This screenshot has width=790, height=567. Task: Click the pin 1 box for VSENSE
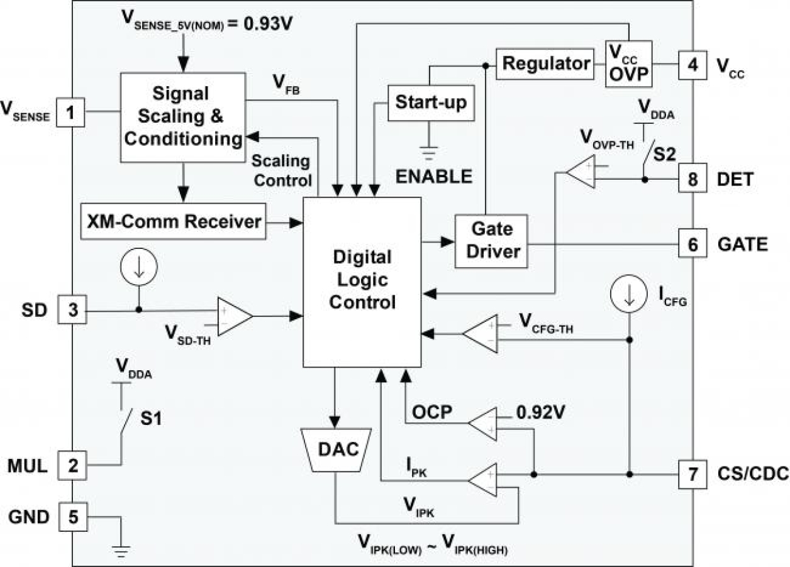click(x=71, y=113)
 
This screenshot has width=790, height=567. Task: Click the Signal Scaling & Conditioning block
click(x=181, y=117)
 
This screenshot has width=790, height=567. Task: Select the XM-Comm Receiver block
click(x=173, y=221)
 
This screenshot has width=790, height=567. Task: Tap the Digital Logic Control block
click(x=362, y=282)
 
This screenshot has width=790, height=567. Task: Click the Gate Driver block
click(x=491, y=241)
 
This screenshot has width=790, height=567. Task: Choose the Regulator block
click(x=545, y=63)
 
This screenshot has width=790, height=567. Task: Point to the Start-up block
click(x=430, y=102)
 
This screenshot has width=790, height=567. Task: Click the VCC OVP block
click(x=628, y=63)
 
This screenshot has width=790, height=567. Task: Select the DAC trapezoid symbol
click(x=337, y=448)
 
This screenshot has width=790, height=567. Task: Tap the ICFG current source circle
click(x=629, y=296)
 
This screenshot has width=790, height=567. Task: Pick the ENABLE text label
click(x=433, y=177)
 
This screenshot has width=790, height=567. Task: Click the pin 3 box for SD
click(x=71, y=311)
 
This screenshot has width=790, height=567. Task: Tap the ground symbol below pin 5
click(x=120, y=552)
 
